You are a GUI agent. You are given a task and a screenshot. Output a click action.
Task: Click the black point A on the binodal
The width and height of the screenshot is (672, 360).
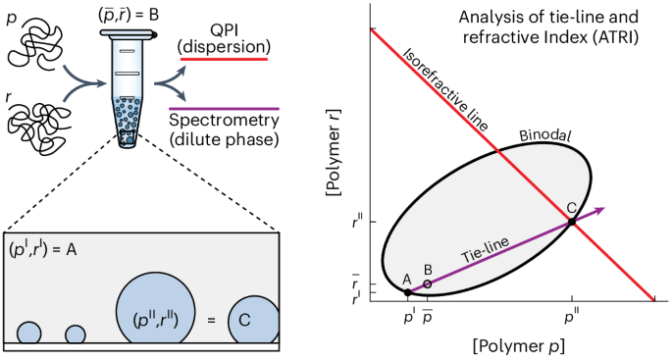point(408,292)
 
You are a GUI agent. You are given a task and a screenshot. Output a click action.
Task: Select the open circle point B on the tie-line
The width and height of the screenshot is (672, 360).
point(427,284)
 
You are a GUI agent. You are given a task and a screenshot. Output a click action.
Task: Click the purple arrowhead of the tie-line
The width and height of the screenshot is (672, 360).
point(600,210)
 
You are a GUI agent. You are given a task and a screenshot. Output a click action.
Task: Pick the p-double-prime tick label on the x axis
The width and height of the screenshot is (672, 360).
point(572,317)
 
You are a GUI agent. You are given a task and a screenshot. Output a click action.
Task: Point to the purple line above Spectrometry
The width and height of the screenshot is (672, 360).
point(225,107)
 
